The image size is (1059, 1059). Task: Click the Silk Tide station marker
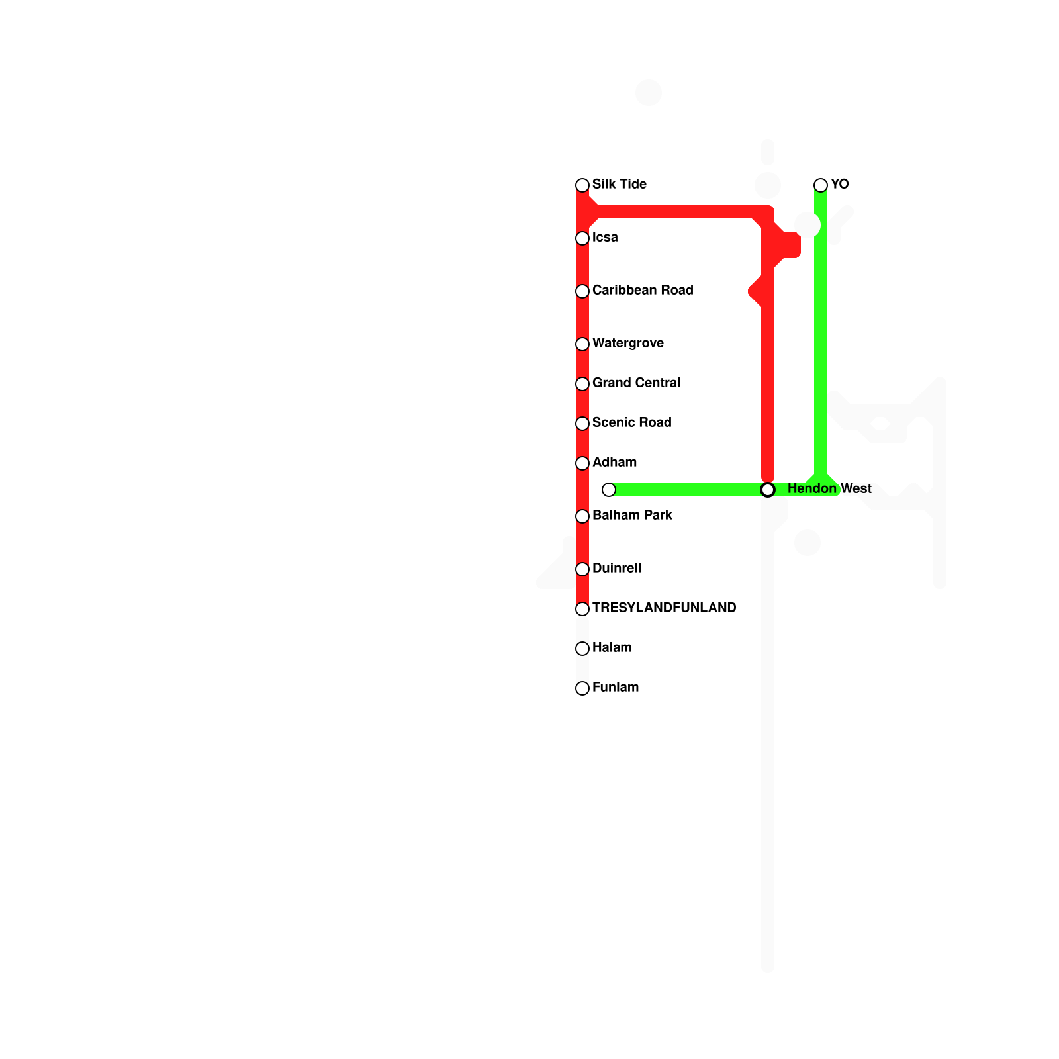tap(582, 185)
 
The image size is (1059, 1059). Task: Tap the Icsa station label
tap(605, 238)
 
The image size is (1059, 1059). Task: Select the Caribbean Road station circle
tap(582, 291)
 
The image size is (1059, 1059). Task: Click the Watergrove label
tap(628, 344)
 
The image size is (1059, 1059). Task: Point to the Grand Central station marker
tap(582, 384)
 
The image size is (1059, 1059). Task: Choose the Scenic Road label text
tap(631, 423)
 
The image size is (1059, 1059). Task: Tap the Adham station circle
tap(582, 463)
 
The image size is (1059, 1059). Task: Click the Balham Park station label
tap(632, 516)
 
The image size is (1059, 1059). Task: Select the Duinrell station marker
tap(582, 569)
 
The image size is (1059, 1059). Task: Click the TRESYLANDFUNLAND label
tap(664, 608)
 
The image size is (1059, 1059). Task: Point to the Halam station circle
tap(582, 649)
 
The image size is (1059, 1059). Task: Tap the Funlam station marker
tap(582, 688)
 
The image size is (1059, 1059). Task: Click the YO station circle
tap(821, 185)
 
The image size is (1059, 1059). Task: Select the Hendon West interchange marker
tap(768, 490)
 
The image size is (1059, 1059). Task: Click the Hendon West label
tap(829, 489)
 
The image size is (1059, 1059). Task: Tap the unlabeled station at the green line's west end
tap(609, 490)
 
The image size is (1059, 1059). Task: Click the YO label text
tap(840, 185)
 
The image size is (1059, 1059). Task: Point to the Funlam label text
tap(616, 688)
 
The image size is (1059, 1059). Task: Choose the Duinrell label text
tap(617, 569)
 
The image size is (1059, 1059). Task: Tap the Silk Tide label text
tap(620, 185)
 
